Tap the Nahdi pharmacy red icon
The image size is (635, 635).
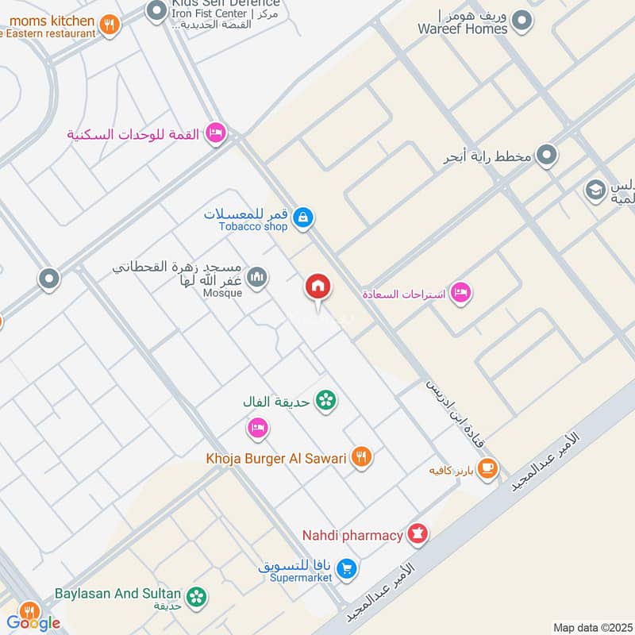point(417,534)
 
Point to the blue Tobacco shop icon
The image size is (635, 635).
point(302,217)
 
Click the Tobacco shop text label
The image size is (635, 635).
point(253,226)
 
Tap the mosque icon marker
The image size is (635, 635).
point(256,277)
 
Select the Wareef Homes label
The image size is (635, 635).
point(463,29)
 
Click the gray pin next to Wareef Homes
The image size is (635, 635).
point(521,21)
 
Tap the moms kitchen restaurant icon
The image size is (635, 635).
point(110,25)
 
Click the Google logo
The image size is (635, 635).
point(33,622)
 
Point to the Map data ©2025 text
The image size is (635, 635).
point(591,627)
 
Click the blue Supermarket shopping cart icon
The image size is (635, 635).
point(346,568)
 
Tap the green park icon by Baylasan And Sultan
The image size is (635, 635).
point(195,595)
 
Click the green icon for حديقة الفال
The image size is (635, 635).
point(324,401)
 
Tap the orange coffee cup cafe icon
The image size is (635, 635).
point(487,468)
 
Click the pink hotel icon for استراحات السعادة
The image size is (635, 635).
point(460,294)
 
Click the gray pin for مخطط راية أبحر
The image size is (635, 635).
point(546,156)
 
